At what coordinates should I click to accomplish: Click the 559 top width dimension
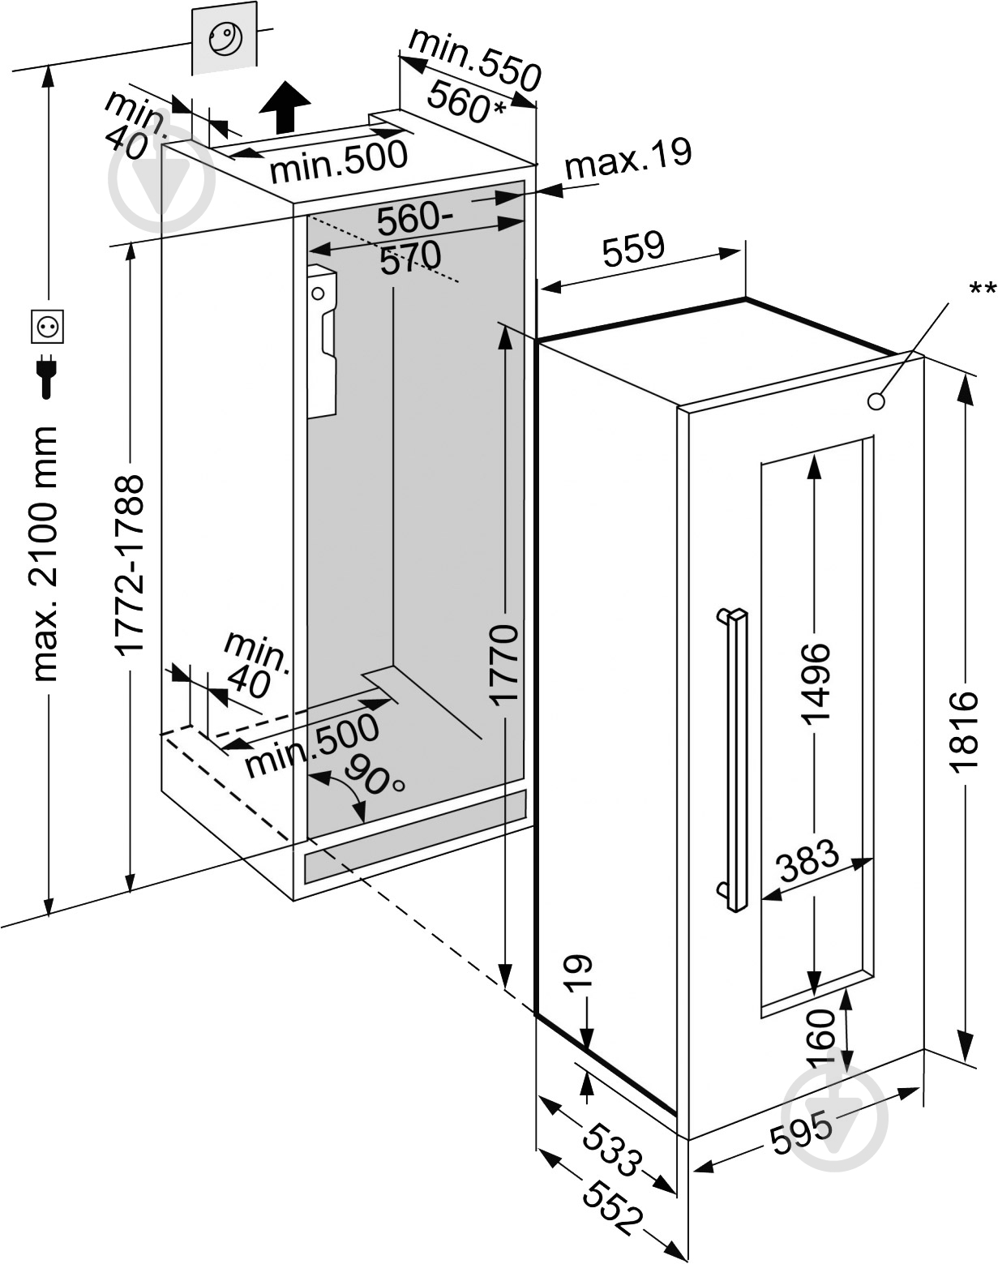(x=632, y=248)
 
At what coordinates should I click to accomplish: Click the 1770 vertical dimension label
(x=504, y=666)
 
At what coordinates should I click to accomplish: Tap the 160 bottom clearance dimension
(x=820, y=1037)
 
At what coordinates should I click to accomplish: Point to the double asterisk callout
(x=982, y=288)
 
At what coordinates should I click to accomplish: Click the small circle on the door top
(x=876, y=401)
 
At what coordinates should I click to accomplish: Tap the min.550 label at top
(x=475, y=59)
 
